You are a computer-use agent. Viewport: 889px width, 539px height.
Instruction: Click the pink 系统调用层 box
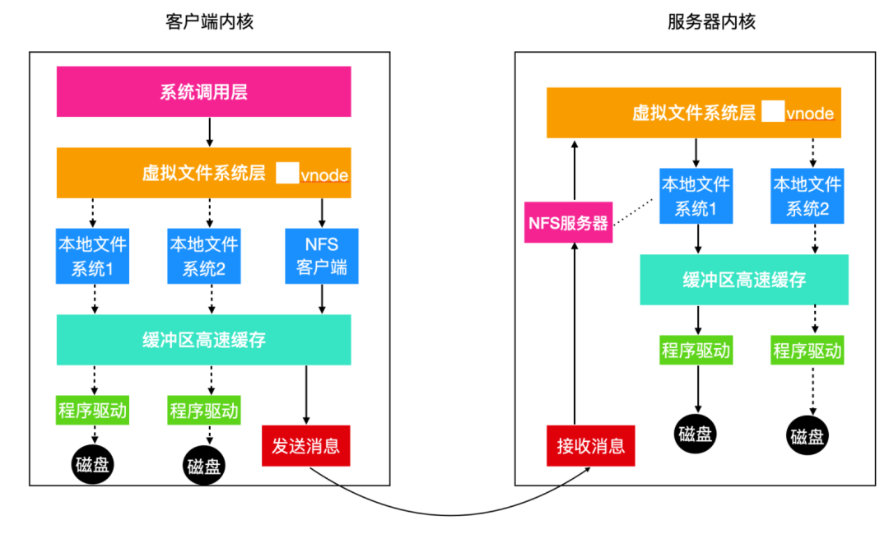203,91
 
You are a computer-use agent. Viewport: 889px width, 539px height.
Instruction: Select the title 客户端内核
209,21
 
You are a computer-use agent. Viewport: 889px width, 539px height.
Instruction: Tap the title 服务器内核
711,21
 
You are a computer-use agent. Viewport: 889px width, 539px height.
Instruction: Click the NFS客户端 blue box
322,256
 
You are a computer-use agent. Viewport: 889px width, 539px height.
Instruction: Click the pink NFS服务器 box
569,223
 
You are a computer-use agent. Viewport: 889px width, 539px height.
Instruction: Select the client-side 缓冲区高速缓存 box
203,339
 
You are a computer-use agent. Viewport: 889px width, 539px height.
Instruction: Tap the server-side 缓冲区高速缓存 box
743,280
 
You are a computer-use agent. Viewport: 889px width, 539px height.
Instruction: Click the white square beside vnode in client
286,174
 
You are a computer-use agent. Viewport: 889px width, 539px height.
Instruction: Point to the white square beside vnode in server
771,113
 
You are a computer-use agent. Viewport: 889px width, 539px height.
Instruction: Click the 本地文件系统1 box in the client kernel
92,256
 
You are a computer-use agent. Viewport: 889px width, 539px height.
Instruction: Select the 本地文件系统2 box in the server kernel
807,197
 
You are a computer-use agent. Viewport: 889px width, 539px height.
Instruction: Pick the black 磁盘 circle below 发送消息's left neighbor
203,467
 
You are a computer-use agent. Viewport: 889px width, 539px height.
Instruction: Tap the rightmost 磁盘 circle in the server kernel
807,436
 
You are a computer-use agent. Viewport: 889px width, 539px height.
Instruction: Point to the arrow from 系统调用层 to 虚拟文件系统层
209,132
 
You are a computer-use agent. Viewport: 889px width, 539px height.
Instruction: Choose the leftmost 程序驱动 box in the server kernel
696,351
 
